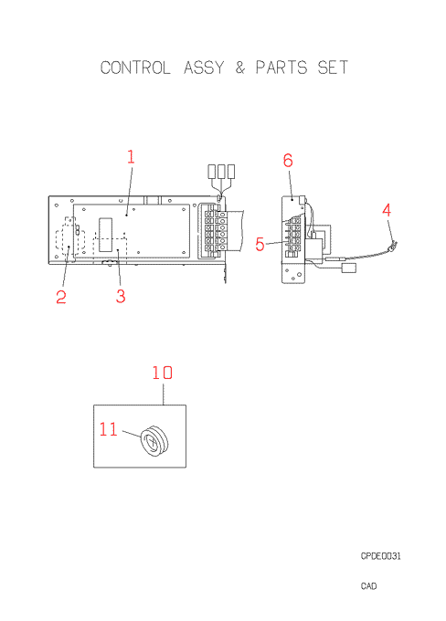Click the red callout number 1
(131, 157)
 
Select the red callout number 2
(61, 297)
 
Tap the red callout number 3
(121, 296)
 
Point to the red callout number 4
(387, 210)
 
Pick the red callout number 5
(260, 244)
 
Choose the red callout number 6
(288, 161)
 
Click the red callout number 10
(163, 373)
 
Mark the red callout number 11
(108, 429)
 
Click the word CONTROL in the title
(135, 68)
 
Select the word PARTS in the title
(281, 68)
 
